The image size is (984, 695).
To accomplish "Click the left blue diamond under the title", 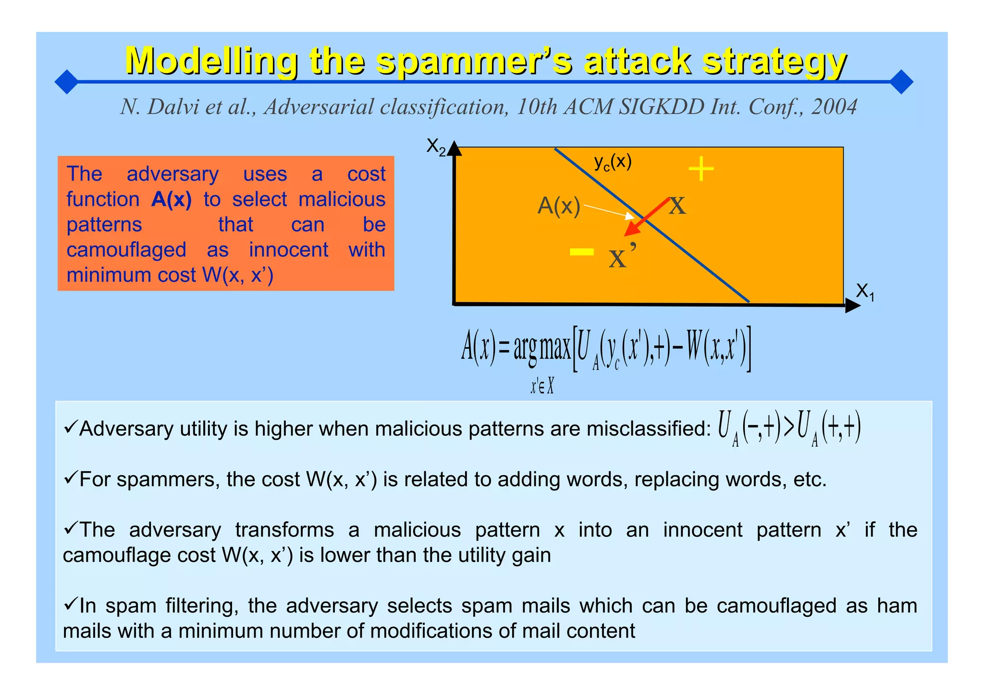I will pos(66,82).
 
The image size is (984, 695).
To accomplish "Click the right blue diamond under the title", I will pos(901,82).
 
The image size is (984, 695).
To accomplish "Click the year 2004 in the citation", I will pos(834,107).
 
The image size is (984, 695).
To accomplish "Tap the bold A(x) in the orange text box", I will pos(172,199).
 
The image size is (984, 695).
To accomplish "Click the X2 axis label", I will pos(436,146).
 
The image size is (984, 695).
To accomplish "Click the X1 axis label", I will pos(865,292).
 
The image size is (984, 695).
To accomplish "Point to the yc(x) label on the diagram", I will pos(613,162).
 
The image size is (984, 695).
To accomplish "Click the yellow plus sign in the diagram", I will pos(701,169).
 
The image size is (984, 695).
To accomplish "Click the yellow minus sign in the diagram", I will pos(581,251).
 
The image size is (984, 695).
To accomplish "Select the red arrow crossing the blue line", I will pos(646,217).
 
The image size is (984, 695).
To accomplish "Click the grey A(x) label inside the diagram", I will pos(559,206).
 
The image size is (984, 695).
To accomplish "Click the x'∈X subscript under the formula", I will pos(542,386).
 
